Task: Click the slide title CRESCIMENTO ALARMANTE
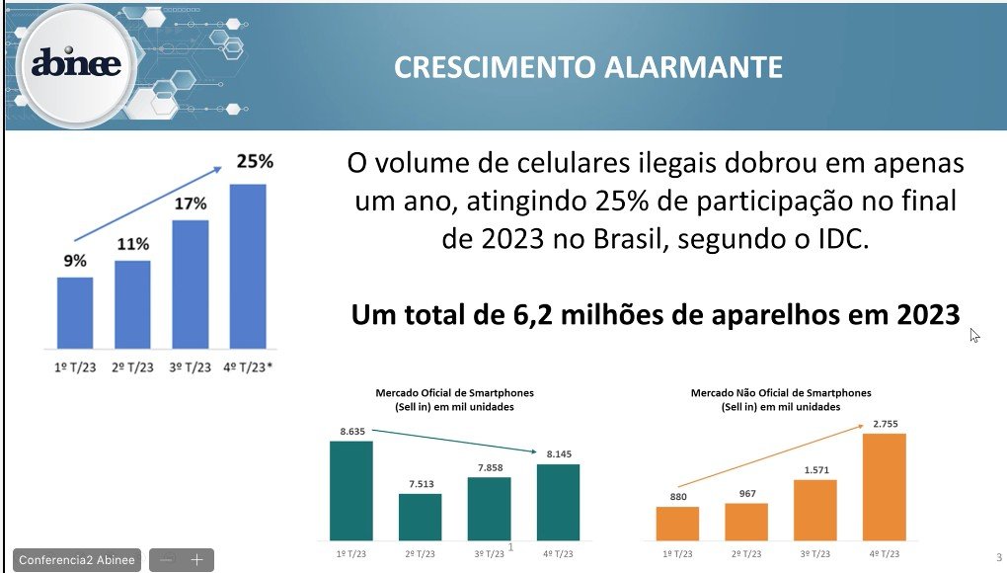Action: pyautogui.click(x=588, y=66)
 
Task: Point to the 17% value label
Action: pyautogui.click(x=191, y=204)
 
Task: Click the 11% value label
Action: pyautogui.click(x=132, y=243)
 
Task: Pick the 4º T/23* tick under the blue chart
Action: pyautogui.click(x=248, y=367)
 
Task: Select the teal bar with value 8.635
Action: pyautogui.click(x=350, y=490)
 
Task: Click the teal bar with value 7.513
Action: pyautogui.click(x=420, y=516)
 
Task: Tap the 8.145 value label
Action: pyautogui.click(x=558, y=453)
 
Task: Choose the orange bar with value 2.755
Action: pyautogui.click(x=884, y=486)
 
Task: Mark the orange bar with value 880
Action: pyautogui.click(x=677, y=523)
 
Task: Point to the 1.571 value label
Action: pyautogui.click(x=814, y=469)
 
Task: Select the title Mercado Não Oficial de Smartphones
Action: pyautogui.click(x=780, y=392)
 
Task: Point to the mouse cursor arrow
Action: pyautogui.click(x=973, y=334)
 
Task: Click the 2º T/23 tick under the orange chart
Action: pyautogui.click(x=746, y=555)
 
